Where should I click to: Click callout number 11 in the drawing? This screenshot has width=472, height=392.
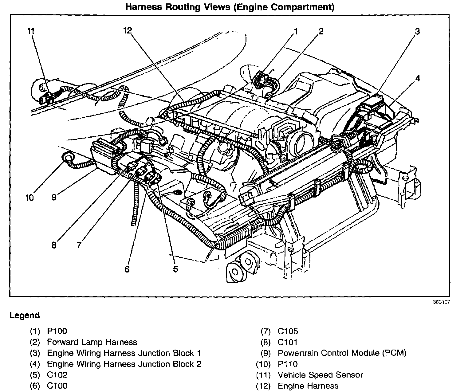[x=31, y=31]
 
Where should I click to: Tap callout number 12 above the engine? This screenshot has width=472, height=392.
[x=128, y=30]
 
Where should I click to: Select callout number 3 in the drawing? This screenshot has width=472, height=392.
[x=417, y=31]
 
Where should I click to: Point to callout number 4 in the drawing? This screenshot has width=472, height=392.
[x=418, y=78]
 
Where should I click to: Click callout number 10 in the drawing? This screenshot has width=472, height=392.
[x=29, y=198]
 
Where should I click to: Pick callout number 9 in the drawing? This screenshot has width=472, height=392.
[x=54, y=197]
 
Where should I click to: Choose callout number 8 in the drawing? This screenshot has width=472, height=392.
[x=54, y=245]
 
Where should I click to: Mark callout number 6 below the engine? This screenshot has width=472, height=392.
[x=127, y=269]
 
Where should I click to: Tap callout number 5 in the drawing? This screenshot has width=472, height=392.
[x=176, y=269]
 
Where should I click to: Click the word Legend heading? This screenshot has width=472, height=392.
[x=25, y=316]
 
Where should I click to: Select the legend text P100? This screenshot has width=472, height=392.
[x=57, y=331]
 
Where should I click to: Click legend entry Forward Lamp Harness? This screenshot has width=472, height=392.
[x=92, y=342]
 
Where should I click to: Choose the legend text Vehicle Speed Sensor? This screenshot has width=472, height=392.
[x=320, y=375]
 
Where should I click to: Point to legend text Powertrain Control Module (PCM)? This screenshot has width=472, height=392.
[x=342, y=353]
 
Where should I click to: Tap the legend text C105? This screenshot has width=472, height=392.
[x=288, y=331]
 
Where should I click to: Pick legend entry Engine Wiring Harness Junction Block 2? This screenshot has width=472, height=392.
[x=124, y=364]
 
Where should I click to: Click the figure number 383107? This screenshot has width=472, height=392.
[x=442, y=302]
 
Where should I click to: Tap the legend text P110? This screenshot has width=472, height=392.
[x=288, y=364]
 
